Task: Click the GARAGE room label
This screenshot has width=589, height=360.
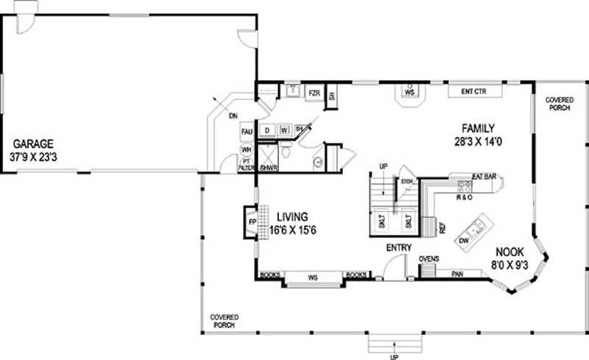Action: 32,144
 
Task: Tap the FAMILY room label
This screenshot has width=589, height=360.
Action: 478,126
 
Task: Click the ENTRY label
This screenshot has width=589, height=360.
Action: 398,247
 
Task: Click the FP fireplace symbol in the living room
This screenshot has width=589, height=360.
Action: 251,222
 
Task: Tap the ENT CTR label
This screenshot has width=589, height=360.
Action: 475,92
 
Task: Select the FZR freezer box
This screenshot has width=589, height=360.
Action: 314,93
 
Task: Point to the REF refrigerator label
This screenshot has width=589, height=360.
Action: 442,229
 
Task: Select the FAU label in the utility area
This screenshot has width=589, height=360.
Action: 247,132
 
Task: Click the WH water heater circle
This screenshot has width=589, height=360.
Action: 247,149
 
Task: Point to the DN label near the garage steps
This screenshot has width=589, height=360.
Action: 232,116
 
